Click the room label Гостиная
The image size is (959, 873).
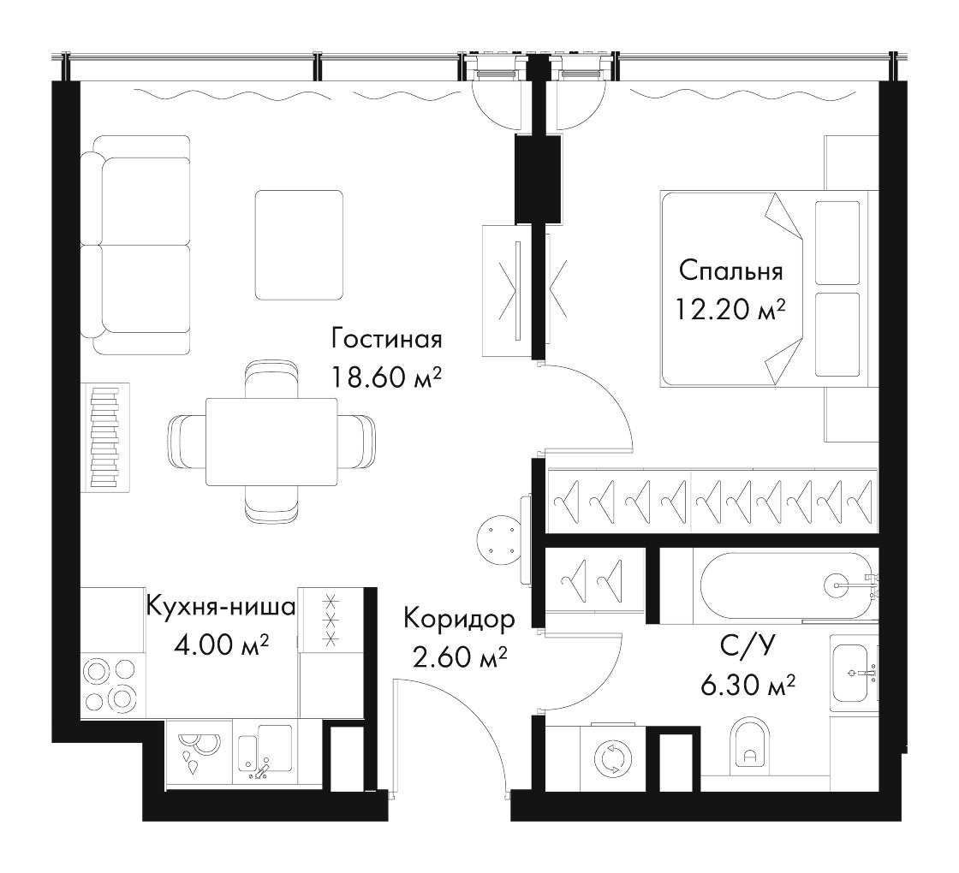click(386, 339)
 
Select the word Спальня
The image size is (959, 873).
click(731, 270)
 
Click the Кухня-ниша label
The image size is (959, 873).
click(222, 607)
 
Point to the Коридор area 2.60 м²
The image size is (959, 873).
click(460, 658)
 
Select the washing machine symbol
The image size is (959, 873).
click(611, 758)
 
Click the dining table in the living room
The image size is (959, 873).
click(271, 442)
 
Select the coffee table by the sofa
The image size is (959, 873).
click(299, 245)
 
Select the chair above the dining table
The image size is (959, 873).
click(271, 380)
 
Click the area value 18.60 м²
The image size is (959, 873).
click(386, 377)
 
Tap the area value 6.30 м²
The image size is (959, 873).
click(748, 686)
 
